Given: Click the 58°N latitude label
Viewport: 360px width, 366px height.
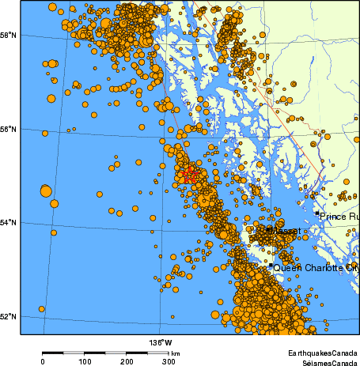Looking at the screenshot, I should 10,36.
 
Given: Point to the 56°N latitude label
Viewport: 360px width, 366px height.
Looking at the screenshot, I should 10,129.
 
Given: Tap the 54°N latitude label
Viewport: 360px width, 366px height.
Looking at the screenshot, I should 10,223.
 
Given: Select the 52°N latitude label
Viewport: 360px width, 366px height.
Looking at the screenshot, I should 10,317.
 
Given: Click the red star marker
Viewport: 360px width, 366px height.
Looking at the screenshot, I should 188,175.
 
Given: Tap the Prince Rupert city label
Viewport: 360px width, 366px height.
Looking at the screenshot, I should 339,215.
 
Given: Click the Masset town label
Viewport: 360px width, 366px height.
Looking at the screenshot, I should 283,231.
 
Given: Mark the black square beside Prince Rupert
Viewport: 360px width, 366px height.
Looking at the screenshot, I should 317,213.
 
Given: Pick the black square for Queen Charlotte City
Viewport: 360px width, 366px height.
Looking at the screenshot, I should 270,266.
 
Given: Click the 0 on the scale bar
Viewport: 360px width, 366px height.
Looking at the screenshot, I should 42,361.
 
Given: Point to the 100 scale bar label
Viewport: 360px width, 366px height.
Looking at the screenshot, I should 85,361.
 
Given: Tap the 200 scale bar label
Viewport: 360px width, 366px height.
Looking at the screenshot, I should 127,361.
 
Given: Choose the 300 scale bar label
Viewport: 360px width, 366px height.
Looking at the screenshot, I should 169,361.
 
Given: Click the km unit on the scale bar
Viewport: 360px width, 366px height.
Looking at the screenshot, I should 176,353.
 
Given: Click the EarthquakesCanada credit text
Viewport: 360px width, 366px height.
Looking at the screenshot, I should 322,352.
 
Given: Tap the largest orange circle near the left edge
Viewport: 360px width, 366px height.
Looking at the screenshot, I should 45,191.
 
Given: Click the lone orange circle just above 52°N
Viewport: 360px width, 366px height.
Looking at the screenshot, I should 41,309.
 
